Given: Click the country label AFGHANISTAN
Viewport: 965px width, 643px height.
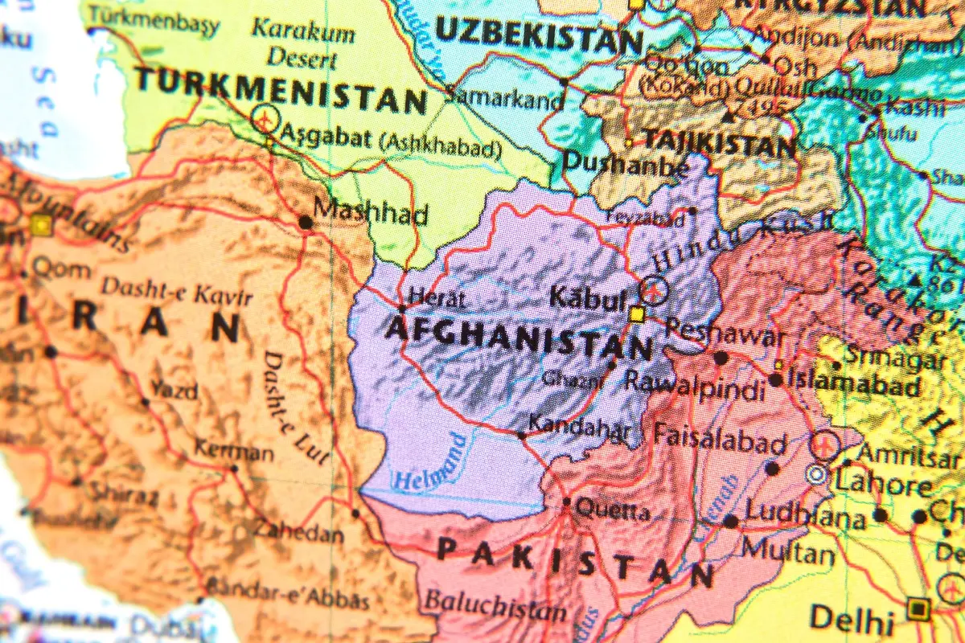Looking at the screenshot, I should click(x=519, y=338).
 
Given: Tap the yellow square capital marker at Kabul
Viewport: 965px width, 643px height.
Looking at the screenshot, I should click(x=637, y=314).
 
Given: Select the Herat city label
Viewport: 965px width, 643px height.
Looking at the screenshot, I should click(x=437, y=298).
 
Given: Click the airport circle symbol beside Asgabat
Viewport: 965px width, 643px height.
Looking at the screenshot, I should click(x=265, y=120).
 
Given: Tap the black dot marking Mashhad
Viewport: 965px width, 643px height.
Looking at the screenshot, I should click(x=306, y=222).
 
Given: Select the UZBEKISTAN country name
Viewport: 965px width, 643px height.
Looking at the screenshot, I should click(x=539, y=35).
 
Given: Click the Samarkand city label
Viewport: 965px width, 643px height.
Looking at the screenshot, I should click(x=505, y=100).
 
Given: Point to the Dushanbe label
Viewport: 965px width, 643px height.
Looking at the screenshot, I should click(x=625, y=163).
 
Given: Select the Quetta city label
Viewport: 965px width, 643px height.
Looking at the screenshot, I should click(x=614, y=510).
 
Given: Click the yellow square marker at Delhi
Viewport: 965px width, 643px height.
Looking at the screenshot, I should click(x=918, y=608).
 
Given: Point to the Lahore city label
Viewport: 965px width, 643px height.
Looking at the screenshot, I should click(x=883, y=485).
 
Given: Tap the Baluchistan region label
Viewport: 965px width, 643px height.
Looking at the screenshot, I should click(x=495, y=604).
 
